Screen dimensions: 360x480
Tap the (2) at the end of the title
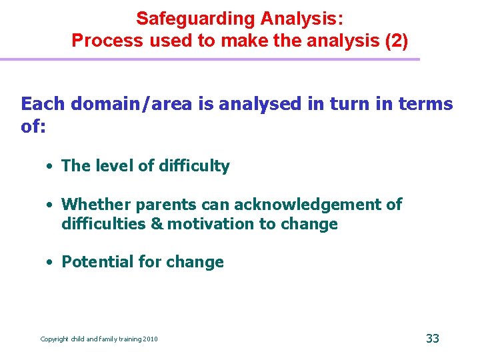394,41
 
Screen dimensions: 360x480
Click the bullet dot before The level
50,167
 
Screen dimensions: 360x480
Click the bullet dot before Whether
50,205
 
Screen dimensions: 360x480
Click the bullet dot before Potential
50,263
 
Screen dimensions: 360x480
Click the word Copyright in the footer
55,339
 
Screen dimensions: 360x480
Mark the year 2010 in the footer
151,339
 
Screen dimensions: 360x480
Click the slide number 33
433,339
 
